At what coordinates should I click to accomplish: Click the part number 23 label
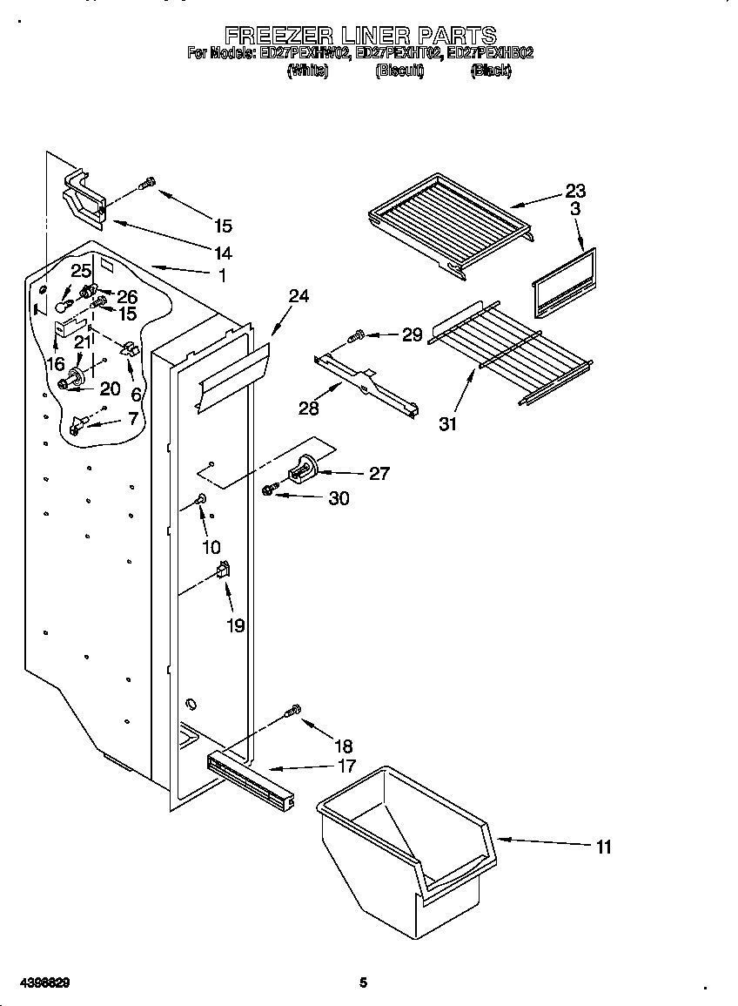pos(575,191)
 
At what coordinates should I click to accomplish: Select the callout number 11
pos(602,847)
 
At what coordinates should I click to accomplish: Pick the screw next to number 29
pos(355,335)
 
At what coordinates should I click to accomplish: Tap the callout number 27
pos(379,474)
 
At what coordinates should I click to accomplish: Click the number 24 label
pos(299,296)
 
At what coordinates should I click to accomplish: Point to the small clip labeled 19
pos(223,571)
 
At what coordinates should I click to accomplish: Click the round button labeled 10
pos(201,499)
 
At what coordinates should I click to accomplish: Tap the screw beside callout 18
pos(293,712)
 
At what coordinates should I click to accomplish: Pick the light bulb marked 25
pos(63,306)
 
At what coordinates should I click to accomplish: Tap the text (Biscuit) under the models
pos(399,72)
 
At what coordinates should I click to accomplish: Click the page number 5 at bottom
pos(364,983)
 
